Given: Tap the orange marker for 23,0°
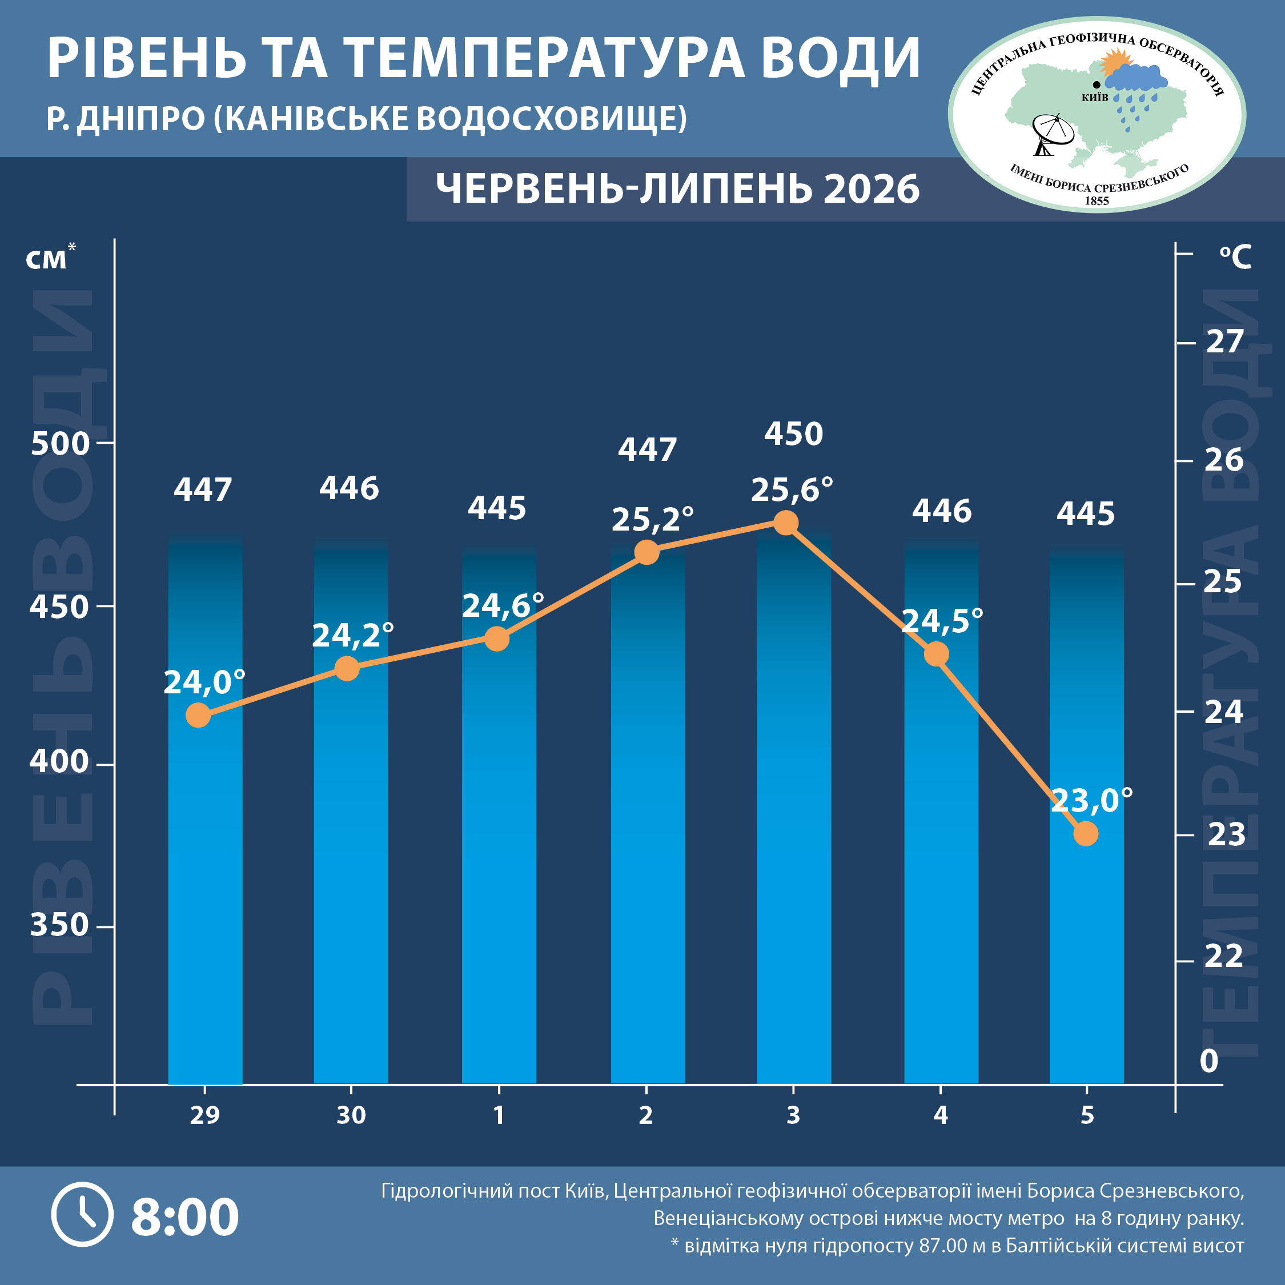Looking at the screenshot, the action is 1086,833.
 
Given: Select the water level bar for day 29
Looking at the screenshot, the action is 205,809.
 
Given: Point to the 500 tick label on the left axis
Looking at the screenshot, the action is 60,444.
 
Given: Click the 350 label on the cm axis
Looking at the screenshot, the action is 59,925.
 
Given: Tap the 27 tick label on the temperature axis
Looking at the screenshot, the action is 1224,342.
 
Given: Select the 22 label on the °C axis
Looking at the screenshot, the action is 1224,957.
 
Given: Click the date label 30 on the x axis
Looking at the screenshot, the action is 351,1115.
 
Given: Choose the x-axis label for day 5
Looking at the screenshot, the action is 1087,1115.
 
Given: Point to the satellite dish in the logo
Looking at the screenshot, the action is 1052,134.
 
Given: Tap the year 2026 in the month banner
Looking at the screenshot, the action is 872,189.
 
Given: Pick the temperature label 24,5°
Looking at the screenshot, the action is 942,621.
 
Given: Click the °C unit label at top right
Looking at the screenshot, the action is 1235,258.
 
